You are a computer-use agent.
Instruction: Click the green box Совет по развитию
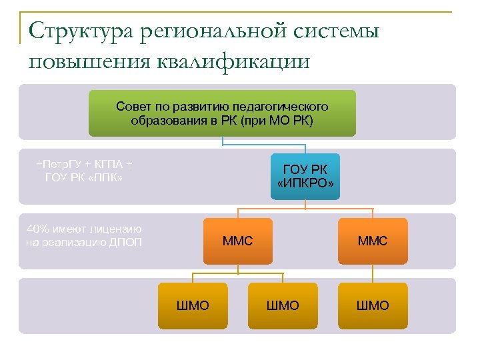coord(222,113)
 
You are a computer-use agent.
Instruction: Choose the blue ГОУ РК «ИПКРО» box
coord(305,176)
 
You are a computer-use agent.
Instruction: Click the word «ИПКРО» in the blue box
coord(305,183)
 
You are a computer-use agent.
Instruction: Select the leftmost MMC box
coord(238,241)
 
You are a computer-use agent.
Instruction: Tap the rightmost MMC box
coord(372,241)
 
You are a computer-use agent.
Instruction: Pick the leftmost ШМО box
coord(192,305)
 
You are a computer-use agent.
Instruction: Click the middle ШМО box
coord(283,305)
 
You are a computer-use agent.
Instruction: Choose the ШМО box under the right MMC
coord(373,305)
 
